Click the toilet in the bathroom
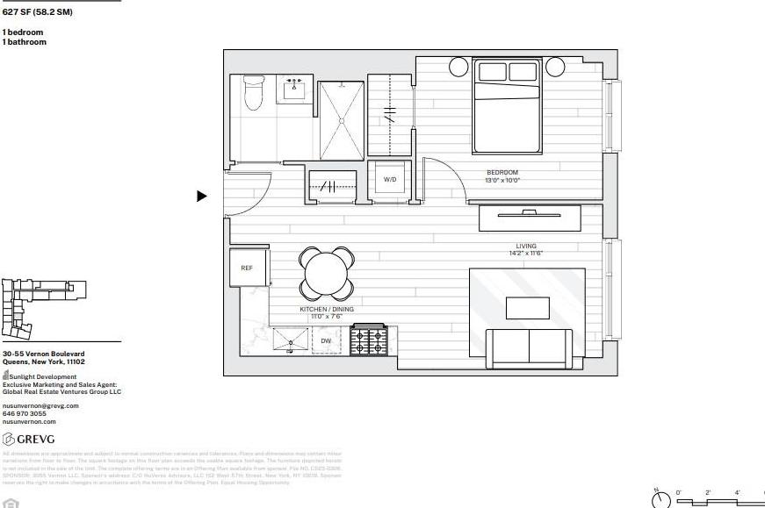click(x=254, y=94)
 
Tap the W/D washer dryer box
click(x=389, y=179)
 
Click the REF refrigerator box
click(x=247, y=267)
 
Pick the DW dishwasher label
click(x=326, y=340)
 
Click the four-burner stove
click(x=368, y=340)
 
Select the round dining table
click(x=328, y=273)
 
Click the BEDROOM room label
click(x=502, y=172)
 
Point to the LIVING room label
click(x=526, y=247)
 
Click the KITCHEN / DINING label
click(x=327, y=311)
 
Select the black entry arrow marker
click(x=201, y=197)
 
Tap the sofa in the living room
click(x=530, y=347)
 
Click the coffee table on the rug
click(x=527, y=308)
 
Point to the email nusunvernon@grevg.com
click(x=40, y=405)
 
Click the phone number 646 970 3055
click(x=25, y=413)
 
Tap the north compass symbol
click(x=660, y=499)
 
